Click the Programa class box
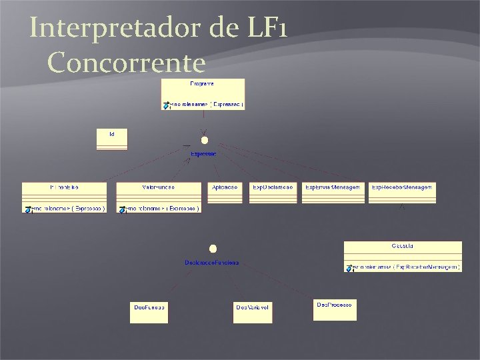click(203, 94)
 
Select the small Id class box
click(111, 139)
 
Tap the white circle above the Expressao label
click(205, 140)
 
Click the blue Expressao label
click(203, 154)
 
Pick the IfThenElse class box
click(64, 197)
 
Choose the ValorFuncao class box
click(159, 197)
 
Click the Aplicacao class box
click(225, 193)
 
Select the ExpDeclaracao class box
click(273, 193)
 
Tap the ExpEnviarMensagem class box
click(333, 193)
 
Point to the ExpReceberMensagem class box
click(402, 193)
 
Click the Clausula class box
click(403, 257)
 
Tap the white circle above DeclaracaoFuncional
click(213, 249)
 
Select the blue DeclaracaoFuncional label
click(212, 263)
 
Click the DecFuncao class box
click(149, 312)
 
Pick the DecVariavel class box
click(253, 312)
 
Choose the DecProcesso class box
click(334, 309)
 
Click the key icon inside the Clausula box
click(349, 268)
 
